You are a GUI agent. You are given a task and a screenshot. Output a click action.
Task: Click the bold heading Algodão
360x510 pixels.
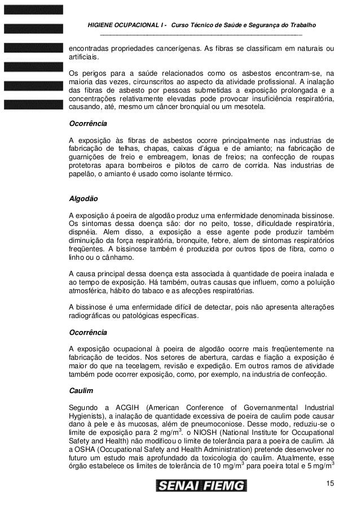click(83, 199)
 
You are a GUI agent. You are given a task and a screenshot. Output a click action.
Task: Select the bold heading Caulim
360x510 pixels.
click(80, 390)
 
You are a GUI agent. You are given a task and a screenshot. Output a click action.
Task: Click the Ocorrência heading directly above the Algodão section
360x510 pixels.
click(87, 123)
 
